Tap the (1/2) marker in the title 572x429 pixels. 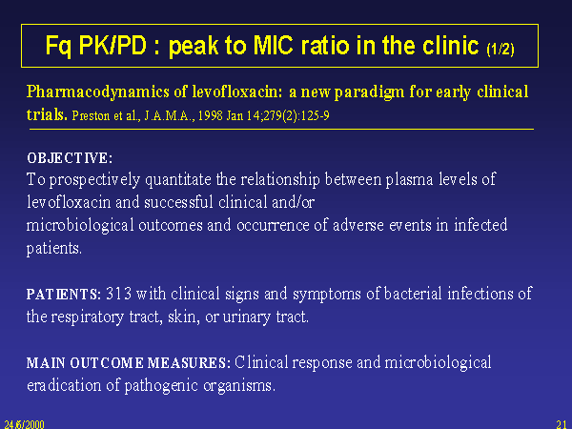tap(500, 49)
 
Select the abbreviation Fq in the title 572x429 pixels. tap(59, 47)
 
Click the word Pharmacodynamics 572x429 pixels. tap(98, 92)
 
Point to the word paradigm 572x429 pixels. tap(369, 92)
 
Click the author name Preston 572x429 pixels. tap(92, 116)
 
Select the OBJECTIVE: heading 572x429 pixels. tap(70, 158)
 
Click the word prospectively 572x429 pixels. tap(94, 180)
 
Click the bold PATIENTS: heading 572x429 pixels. tap(64, 294)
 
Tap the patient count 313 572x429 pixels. tap(118, 294)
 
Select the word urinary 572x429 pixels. tap(247, 317)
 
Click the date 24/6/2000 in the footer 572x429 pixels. tap(24, 424)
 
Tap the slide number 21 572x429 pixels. tap(562, 424)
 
